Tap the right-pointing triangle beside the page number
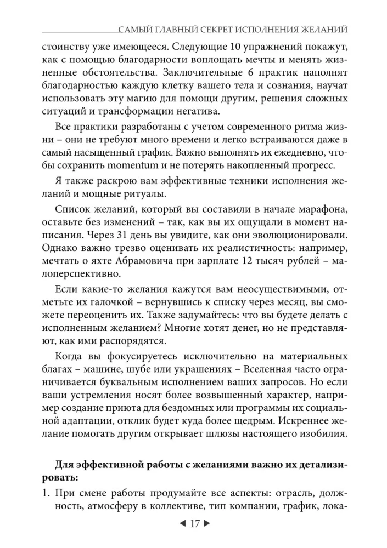[207, 523]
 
